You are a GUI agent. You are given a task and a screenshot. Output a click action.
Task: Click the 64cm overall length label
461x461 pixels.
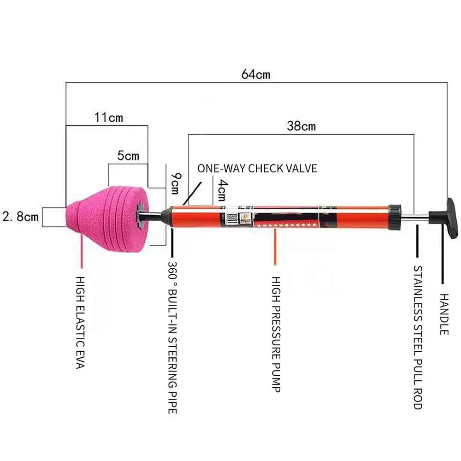pos(256,74)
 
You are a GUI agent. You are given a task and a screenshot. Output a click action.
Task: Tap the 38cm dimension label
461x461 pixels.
pos(301,125)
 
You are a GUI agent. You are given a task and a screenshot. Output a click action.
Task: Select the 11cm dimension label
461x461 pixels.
pos(109,117)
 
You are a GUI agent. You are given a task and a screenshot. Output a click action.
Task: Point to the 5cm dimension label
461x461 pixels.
pos(128,156)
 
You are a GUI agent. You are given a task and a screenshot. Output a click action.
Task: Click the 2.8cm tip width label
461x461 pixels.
pos(20,216)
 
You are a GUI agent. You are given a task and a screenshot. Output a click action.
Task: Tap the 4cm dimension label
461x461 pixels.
pos(222,189)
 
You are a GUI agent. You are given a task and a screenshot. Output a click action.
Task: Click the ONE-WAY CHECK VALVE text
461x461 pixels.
pos(257,168)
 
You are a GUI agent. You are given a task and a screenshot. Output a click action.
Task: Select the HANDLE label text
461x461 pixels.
pos(443,314)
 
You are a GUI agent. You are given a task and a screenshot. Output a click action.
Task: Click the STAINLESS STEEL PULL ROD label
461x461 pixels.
pos(417,337)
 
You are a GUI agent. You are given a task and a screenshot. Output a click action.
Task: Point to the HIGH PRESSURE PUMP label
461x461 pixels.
pos(276,334)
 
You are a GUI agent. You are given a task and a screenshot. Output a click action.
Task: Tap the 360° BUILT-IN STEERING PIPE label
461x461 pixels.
pos(172,337)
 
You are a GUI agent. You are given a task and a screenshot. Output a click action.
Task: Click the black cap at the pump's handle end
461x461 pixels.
pos(395,216)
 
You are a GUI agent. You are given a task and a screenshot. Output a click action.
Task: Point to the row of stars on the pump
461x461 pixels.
pos(288,225)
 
